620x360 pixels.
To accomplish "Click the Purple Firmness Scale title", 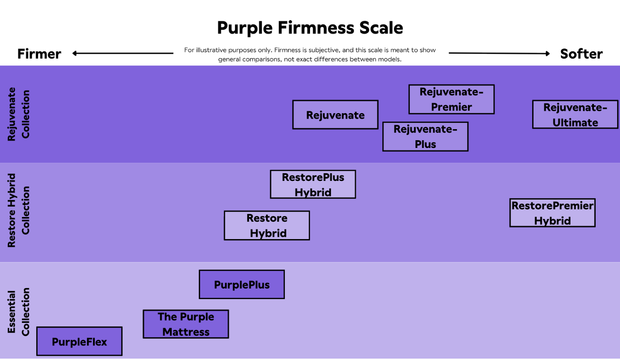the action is (x=310, y=28).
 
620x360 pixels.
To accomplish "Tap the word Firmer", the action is (x=39, y=54).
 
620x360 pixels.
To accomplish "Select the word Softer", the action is (x=581, y=54).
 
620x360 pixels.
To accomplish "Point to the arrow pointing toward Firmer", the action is (x=123, y=53).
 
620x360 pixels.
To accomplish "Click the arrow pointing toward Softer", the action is (x=499, y=53).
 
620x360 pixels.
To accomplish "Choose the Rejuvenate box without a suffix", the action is (x=335, y=115).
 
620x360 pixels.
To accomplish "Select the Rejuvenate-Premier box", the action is (x=451, y=99).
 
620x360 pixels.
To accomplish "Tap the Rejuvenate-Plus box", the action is (x=425, y=136).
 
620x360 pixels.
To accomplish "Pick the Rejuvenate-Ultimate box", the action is (x=575, y=115).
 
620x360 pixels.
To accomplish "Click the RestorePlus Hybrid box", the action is (x=313, y=184).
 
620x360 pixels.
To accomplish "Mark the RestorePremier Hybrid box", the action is (x=553, y=213).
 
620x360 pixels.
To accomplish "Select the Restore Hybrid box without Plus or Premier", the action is (x=267, y=225).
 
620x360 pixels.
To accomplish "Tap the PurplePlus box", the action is (x=242, y=284).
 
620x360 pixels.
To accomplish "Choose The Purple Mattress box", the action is (x=186, y=324).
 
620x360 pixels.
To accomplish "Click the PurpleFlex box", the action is (x=79, y=341).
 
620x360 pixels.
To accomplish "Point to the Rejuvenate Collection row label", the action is (x=18, y=114).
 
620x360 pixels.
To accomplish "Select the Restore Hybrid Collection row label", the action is (x=18, y=211).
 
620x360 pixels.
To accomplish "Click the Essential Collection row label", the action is (x=18, y=312).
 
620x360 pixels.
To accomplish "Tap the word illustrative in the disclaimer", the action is (x=212, y=50).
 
